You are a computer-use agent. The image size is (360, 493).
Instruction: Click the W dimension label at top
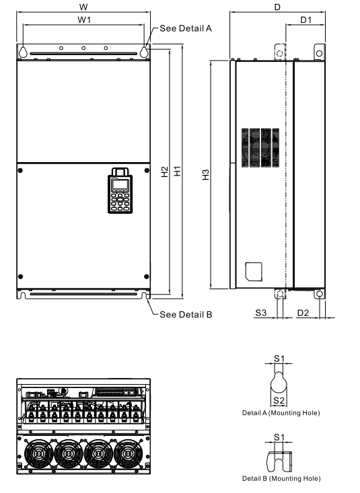point(83,6)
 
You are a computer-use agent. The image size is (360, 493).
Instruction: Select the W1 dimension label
point(83,21)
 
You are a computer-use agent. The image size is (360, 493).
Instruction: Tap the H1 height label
point(178,172)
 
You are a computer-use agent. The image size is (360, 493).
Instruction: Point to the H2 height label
point(165,172)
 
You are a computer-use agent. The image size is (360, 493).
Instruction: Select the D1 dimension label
point(305,21)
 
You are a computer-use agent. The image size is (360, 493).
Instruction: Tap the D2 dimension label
point(303,313)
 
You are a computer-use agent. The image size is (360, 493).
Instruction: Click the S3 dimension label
point(261,313)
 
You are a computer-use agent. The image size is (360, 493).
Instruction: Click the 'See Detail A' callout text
point(186,29)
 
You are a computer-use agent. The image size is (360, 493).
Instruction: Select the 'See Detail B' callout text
point(186,315)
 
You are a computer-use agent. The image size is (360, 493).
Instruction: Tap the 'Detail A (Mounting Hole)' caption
point(281,412)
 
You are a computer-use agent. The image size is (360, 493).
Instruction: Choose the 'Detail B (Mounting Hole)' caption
point(281,478)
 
